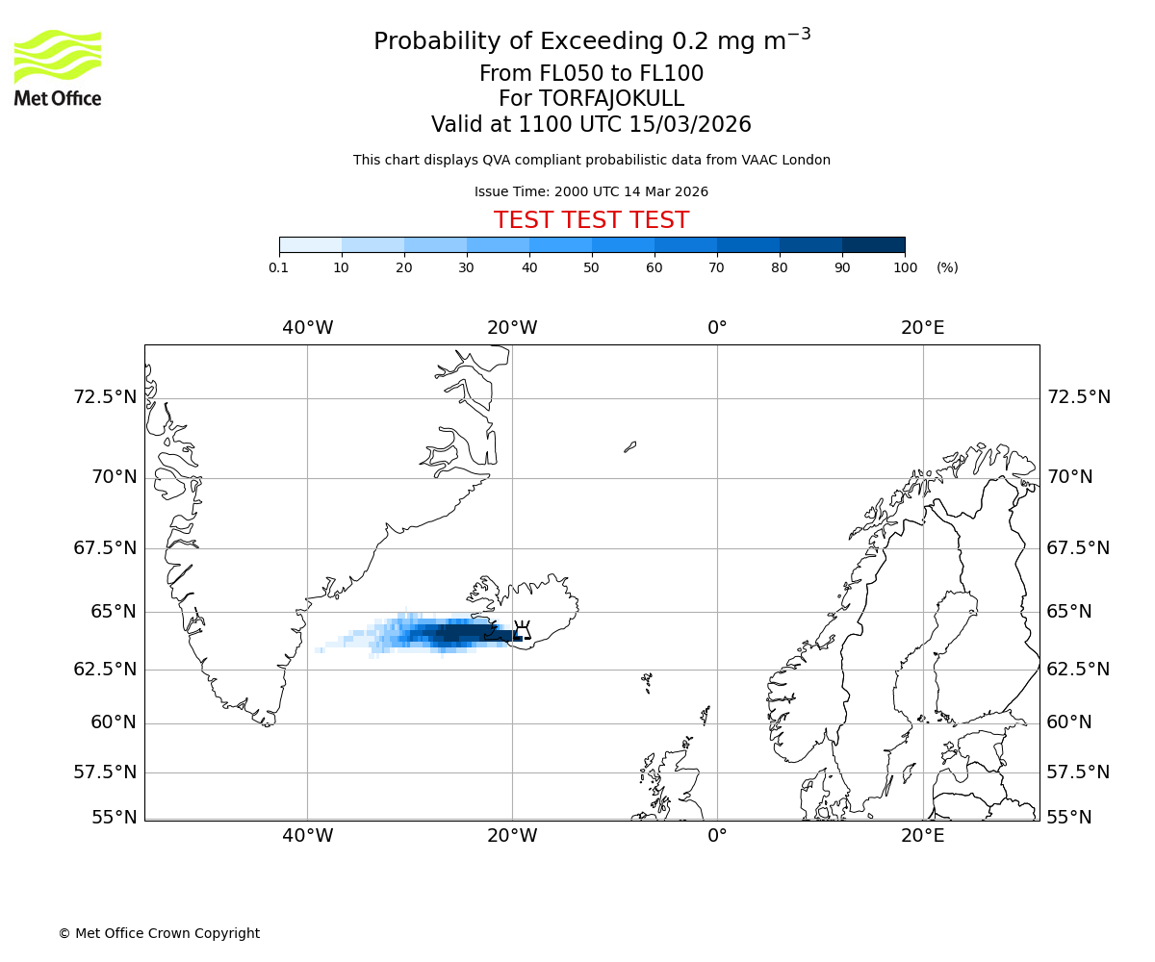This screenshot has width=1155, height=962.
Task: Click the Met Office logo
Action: pos(58,67)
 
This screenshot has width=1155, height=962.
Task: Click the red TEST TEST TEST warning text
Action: pos(591,220)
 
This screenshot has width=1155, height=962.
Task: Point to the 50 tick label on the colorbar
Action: pos(591,267)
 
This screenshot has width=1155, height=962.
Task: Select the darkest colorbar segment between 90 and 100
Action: pos(873,244)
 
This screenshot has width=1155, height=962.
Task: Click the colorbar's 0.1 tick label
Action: pos(278,267)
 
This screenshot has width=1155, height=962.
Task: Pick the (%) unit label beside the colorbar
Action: pos(947,267)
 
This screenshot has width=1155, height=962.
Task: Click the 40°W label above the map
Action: pos(308,328)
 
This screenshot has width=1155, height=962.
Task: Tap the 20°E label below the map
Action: pos(922,836)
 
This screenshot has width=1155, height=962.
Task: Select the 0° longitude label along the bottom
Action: pos(717,836)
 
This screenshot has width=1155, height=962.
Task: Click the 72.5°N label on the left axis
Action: pos(105,397)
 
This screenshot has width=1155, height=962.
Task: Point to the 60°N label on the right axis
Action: pos(1069,722)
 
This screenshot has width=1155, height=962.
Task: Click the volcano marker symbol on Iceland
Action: pos(523,631)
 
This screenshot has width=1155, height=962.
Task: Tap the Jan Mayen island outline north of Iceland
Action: pos(629,446)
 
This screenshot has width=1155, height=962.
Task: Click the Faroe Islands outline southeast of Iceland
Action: pos(647,682)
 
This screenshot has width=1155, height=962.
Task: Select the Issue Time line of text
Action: pos(591,191)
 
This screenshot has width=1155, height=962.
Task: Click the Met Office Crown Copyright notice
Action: pos(159,933)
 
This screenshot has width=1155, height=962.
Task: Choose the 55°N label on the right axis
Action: pos(1069,818)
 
